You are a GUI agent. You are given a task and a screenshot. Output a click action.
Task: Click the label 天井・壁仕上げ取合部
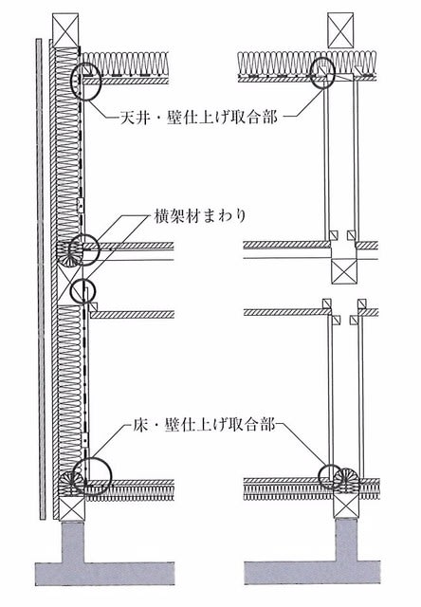click(198, 117)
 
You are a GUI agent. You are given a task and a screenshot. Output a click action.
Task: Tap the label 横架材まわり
click(200, 216)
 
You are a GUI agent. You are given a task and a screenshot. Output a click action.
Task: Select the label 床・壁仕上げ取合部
click(200, 425)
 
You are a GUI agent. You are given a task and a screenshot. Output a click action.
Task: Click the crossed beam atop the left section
click(65, 30)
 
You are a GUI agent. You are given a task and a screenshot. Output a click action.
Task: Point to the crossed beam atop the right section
click(340, 30)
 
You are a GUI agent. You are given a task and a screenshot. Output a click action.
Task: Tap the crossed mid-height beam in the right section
click(344, 271)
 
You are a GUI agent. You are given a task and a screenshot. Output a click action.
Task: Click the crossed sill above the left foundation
click(71, 507)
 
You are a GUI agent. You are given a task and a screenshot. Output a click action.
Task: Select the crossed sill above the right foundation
click(346, 506)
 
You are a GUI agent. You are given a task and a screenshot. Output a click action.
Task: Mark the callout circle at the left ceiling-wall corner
click(86, 82)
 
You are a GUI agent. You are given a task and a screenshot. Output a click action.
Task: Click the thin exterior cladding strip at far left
click(39, 278)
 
